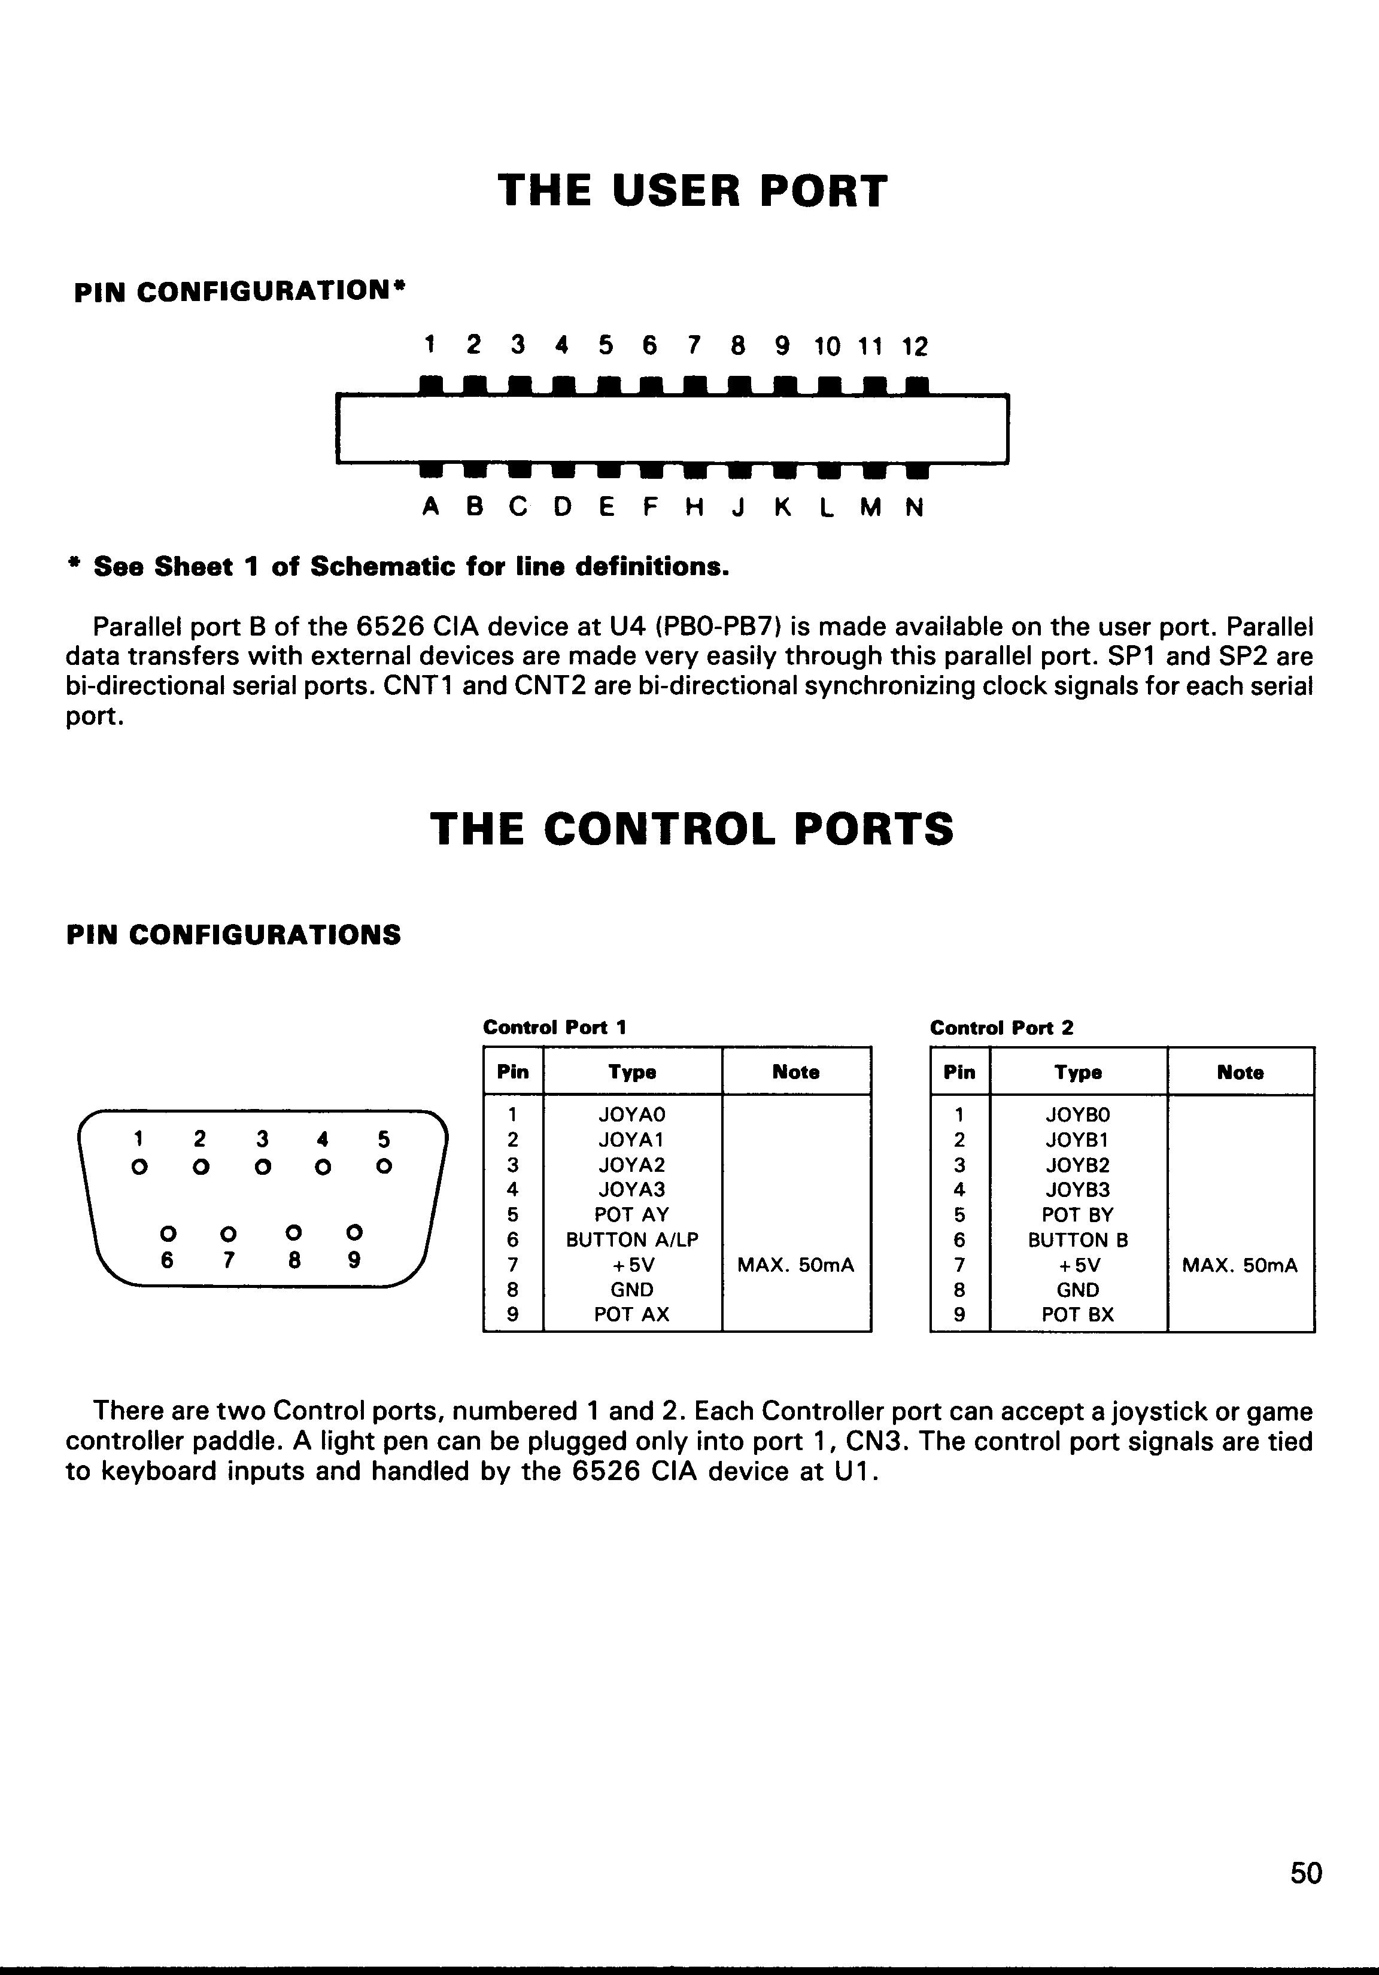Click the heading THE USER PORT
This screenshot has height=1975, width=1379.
coord(692,191)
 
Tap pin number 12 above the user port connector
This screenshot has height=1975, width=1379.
coord(915,347)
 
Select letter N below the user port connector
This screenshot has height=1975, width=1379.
coord(915,508)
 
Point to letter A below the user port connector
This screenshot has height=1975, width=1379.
coord(430,508)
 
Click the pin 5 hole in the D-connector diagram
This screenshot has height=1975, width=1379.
coord(384,1167)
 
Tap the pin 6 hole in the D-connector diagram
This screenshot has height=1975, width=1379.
coord(169,1233)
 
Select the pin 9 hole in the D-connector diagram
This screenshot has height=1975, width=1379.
coord(354,1233)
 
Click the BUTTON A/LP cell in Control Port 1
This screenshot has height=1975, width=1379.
coord(631,1239)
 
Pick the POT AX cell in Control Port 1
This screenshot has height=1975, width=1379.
coord(631,1314)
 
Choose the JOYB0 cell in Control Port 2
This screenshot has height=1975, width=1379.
coord(1078,1115)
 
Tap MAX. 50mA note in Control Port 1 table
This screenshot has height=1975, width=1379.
coord(796,1265)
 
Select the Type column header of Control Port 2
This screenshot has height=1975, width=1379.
coord(1078,1072)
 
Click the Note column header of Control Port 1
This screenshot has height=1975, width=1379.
coord(796,1072)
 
